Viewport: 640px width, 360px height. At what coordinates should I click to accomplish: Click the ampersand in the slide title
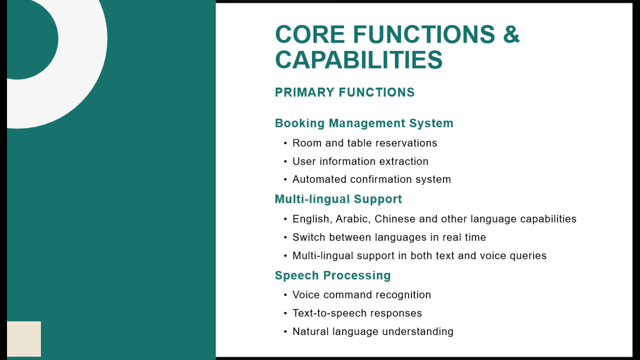pyautogui.click(x=511, y=34)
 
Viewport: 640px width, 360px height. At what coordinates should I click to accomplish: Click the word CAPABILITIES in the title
pyautogui.click(x=359, y=59)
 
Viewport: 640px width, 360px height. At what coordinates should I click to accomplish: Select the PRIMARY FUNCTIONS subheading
pyautogui.click(x=345, y=92)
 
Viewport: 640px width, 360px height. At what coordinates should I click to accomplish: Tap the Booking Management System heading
pyautogui.click(x=364, y=123)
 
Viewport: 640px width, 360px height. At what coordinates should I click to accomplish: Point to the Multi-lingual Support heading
pyautogui.click(x=338, y=199)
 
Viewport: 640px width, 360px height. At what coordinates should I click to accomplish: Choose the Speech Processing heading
pyautogui.click(x=333, y=275)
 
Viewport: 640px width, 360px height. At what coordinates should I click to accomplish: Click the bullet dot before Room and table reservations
pyautogui.click(x=285, y=143)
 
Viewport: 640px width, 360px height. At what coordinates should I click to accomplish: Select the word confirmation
pyautogui.click(x=381, y=179)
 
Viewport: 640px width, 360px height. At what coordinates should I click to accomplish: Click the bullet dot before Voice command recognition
pyautogui.click(x=285, y=295)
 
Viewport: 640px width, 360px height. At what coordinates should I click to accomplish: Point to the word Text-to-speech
pyautogui.click(x=327, y=313)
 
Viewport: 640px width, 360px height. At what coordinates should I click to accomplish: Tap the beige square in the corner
pyautogui.click(x=24, y=339)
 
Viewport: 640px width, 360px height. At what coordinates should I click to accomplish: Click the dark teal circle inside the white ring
pyautogui.click(x=32, y=39)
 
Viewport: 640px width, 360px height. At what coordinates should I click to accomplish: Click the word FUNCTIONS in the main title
pyautogui.click(x=424, y=34)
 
